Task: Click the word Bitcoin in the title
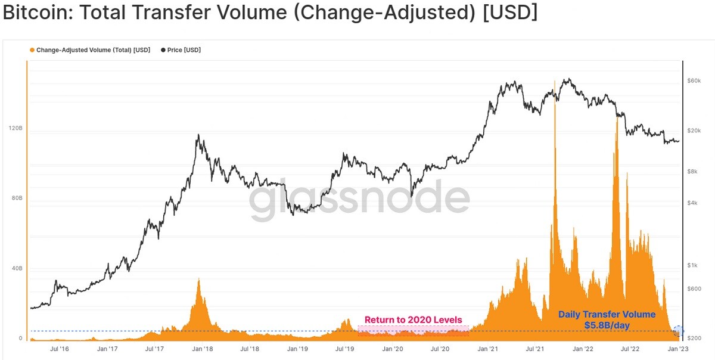click(x=38, y=12)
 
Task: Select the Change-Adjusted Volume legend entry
click(x=90, y=50)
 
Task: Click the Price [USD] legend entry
click(x=181, y=50)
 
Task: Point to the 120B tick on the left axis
click(x=15, y=128)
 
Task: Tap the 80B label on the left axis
click(x=17, y=198)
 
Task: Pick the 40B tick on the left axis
click(x=17, y=268)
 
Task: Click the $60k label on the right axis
click(x=694, y=81)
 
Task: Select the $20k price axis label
click(x=694, y=131)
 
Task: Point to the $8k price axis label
click(x=692, y=172)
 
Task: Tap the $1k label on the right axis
click(x=692, y=265)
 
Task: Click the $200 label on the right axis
click(x=694, y=338)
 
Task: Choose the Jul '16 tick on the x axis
click(x=60, y=349)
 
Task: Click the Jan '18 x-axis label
click(x=203, y=349)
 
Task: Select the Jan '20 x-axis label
click(x=393, y=349)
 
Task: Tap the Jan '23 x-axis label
click(x=678, y=349)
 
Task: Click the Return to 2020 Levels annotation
click(x=414, y=319)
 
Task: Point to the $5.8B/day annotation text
click(x=607, y=325)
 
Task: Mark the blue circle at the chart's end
click(x=678, y=331)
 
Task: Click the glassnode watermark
click(x=359, y=199)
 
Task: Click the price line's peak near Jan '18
click(x=198, y=135)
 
